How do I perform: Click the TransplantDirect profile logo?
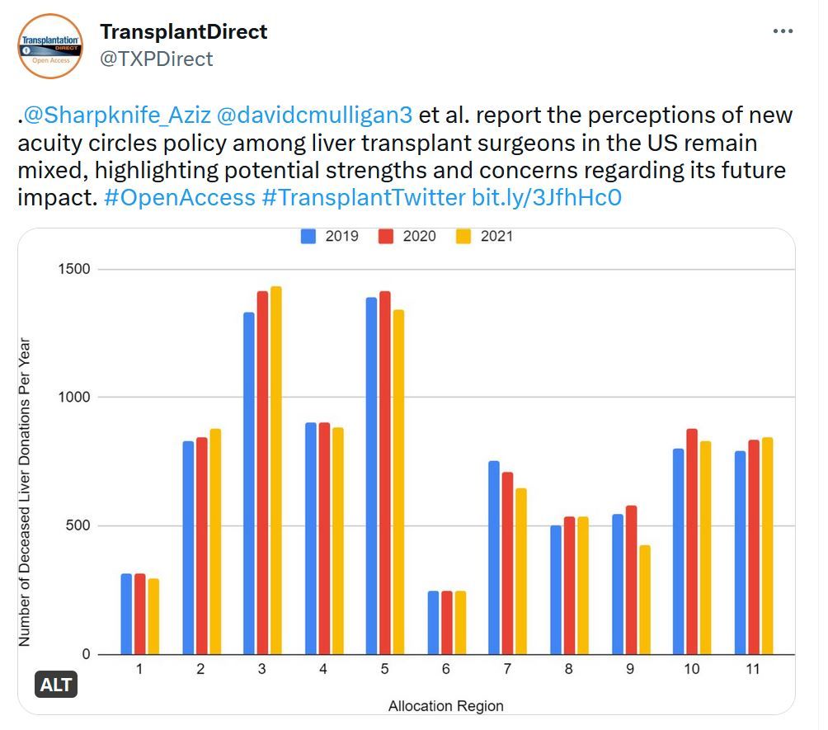(50, 45)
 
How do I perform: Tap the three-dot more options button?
(783, 31)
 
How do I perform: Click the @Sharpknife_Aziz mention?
(116, 115)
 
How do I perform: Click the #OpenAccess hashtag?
(181, 197)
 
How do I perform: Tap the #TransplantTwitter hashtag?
(363, 197)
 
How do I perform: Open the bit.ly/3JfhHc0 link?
(546, 197)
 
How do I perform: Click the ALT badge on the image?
(56, 685)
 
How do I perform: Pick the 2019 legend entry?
(330, 236)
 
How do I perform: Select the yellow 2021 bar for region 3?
(275, 470)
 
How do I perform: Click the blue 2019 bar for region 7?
(493, 558)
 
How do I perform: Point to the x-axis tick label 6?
(445, 670)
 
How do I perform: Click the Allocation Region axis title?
(445, 705)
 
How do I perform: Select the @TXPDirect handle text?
(157, 59)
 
